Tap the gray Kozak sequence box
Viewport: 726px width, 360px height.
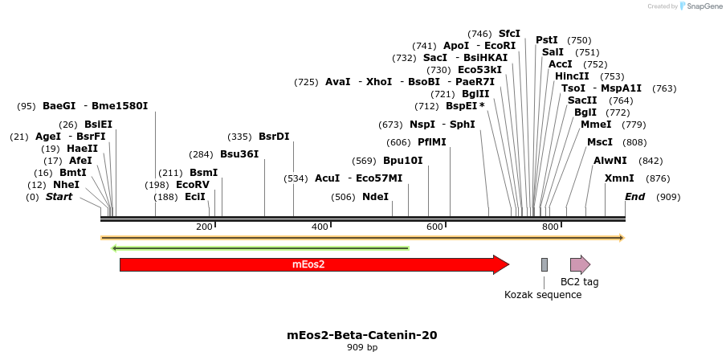point(544,264)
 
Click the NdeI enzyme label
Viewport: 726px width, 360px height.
point(375,197)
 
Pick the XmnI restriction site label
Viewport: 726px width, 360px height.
point(619,178)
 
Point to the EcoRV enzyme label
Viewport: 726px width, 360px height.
point(193,185)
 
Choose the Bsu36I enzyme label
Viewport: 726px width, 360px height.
point(239,154)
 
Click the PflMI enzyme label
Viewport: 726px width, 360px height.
point(432,142)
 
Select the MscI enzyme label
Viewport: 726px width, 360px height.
point(600,142)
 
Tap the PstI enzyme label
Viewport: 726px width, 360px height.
point(547,40)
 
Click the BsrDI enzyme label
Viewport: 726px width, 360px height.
point(274,137)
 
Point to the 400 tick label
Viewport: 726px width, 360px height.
point(320,227)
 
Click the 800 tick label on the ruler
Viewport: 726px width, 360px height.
point(550,227)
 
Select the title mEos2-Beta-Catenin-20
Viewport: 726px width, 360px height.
point(362,335)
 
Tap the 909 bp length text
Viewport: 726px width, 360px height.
point(362,348)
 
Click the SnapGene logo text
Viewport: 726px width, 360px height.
point(704,6)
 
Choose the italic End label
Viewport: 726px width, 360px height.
point(634,197)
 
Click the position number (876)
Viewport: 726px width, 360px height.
point(658,178)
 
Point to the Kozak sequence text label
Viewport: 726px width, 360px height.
point(543,295)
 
